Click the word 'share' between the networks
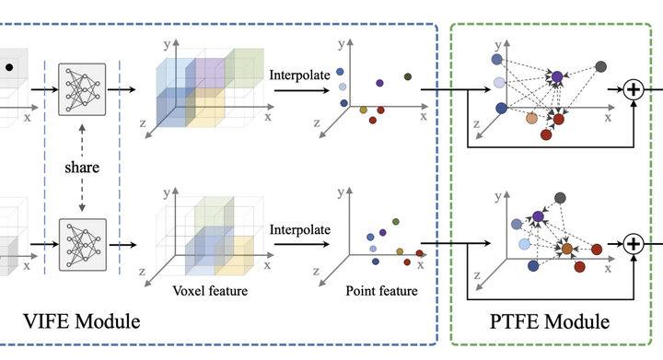pyautogui.click(x=82, y=168)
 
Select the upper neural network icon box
pyautogui.click(x=82, y=90)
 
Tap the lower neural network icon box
pyautogui.click(x=82, y=244)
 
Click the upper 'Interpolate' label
pyautogui.click(x=299, y=74)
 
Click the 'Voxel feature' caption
pyautogui.click(x=210, y=291)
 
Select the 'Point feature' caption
pyautogui.click(x=381, y=291)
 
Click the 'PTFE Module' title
pyautogui.click(x=549, y=322)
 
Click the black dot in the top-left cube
pyautogui.click(x=9, y=67)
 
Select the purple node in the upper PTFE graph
pyautogui.click(x=556, y=75)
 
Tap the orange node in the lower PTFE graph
pyautogui.click(x=566, y=249)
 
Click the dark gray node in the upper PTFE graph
pyautogui.click(x=600, y=66)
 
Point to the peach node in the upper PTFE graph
pyautogui.click(x=531, y=118)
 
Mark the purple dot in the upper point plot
pyautogui.click(x=379, y=83)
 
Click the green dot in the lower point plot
pyautogui.click(x=395, y=222)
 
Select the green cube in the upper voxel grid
pyautogui.click(x=242, y=67)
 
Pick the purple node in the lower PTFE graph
pyautogui.click(x=538, y=216)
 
